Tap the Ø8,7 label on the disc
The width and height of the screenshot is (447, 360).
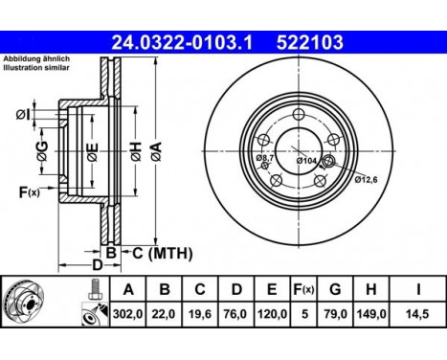pos(264,157)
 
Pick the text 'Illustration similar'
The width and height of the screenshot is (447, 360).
pos(35,67)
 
